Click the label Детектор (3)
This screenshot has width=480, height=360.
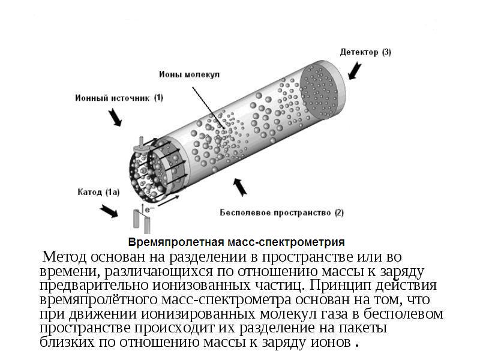coord(365,52)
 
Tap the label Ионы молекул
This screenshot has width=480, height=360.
coord(189,74)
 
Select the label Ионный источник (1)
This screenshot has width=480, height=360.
coord(119,98)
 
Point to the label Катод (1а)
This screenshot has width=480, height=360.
coord(98,192)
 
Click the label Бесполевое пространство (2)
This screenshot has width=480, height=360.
coord(281,212)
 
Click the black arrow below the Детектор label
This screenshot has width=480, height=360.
coord(355,71)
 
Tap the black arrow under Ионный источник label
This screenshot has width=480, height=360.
coord(115,117)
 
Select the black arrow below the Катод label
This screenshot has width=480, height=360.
coord(109,211)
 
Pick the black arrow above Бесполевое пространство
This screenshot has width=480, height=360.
coord(240,187)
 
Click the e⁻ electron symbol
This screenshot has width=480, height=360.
coord(149,209)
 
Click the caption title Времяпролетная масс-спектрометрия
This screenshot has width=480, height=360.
coord(236,242)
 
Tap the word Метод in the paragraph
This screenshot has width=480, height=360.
coord(64,257)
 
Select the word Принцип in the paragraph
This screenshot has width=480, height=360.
coord(340,285)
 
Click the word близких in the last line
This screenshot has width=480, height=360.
coord(67,341)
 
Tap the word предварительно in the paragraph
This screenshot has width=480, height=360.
coord(94,286)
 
